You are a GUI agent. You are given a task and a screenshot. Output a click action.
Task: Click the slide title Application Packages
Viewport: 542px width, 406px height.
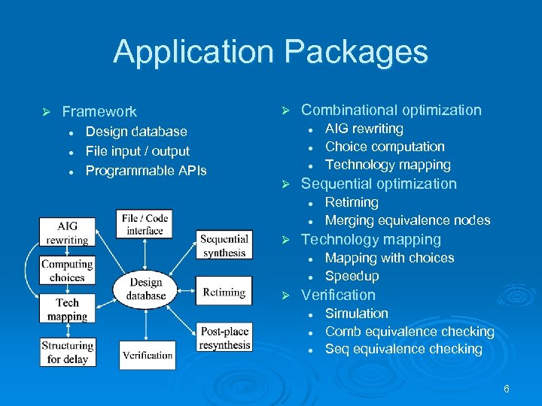pos(270,53)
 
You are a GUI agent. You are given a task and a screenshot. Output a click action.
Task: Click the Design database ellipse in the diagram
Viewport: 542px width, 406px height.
pos(146,289)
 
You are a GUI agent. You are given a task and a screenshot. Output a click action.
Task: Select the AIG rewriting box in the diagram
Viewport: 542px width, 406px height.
pos(67,232)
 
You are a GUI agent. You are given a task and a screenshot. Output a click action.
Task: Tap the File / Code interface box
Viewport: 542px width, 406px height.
pos(145,224)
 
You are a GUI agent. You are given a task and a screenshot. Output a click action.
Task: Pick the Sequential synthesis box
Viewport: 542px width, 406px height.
pos(224,246)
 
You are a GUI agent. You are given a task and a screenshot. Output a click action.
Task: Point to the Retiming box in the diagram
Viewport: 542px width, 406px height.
pos(224,292)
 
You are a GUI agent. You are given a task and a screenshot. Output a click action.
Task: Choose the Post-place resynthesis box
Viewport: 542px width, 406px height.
pos(224,339)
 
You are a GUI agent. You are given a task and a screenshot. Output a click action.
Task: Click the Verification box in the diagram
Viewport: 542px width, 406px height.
pos(148,355)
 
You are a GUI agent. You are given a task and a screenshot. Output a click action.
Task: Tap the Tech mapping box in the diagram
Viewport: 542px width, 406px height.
pos(67,310)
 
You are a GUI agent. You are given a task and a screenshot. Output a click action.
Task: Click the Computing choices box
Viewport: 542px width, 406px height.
pos(67,271)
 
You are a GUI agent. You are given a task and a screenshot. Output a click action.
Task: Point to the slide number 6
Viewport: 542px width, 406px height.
pos(507,389)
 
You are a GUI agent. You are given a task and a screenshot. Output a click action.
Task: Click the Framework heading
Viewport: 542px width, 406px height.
pos(99,112)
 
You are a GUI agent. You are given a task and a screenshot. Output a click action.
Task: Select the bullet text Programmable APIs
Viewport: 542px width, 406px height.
pos(146,171)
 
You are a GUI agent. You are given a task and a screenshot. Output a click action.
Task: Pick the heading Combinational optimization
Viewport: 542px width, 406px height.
pos(391,110)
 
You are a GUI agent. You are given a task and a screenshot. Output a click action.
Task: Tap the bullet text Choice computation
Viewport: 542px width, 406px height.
pos(385,147)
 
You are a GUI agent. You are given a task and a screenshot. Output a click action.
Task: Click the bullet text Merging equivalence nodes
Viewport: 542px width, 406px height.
pos(407,220)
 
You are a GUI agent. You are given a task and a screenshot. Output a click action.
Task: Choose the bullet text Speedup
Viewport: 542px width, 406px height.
pos(352,276)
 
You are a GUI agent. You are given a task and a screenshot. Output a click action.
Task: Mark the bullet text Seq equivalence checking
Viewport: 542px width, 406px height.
pos(403,349)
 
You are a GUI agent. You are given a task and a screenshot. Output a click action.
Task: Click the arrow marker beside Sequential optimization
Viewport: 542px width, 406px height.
pos(285,184)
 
